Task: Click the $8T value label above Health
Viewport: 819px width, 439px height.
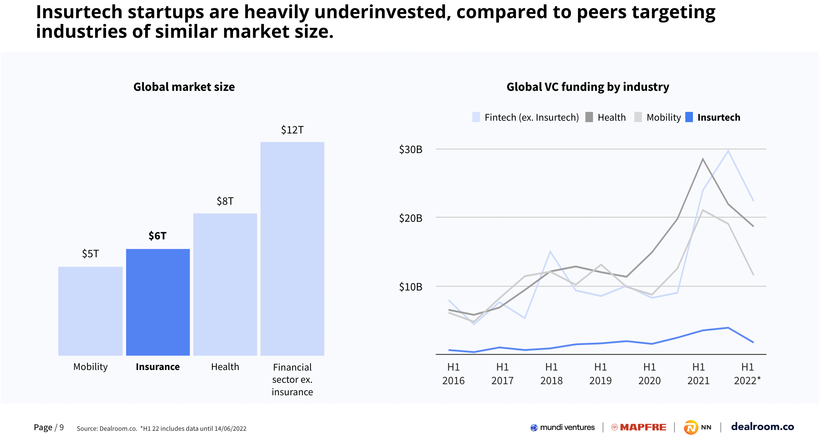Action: [225, 201]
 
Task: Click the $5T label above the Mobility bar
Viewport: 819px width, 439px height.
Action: [90, 254]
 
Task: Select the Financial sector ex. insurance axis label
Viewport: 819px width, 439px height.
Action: [292, 379]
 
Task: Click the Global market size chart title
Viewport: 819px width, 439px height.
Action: [184, 87]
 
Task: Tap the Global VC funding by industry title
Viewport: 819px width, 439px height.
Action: [587, 87]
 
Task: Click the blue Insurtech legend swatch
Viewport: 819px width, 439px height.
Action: [689, 117]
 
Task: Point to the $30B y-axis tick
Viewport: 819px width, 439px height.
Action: [410, 149]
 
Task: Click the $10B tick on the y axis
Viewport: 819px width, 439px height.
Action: [410, 287]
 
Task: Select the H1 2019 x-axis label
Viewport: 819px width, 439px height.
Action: [600, 374]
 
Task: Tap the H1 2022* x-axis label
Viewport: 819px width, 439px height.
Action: [747, 374]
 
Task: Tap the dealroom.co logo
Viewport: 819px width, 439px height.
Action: [762, 427]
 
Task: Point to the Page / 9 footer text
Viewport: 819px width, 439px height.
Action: [49, 427]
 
